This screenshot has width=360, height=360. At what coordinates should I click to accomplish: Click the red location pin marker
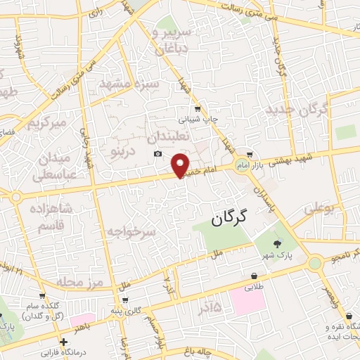point(181,165)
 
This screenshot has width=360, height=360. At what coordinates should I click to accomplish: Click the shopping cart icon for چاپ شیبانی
point(198,108)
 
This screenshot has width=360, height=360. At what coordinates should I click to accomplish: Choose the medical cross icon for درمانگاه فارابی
point(64,341)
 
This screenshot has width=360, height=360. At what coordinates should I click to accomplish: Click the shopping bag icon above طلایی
point(253,276)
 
